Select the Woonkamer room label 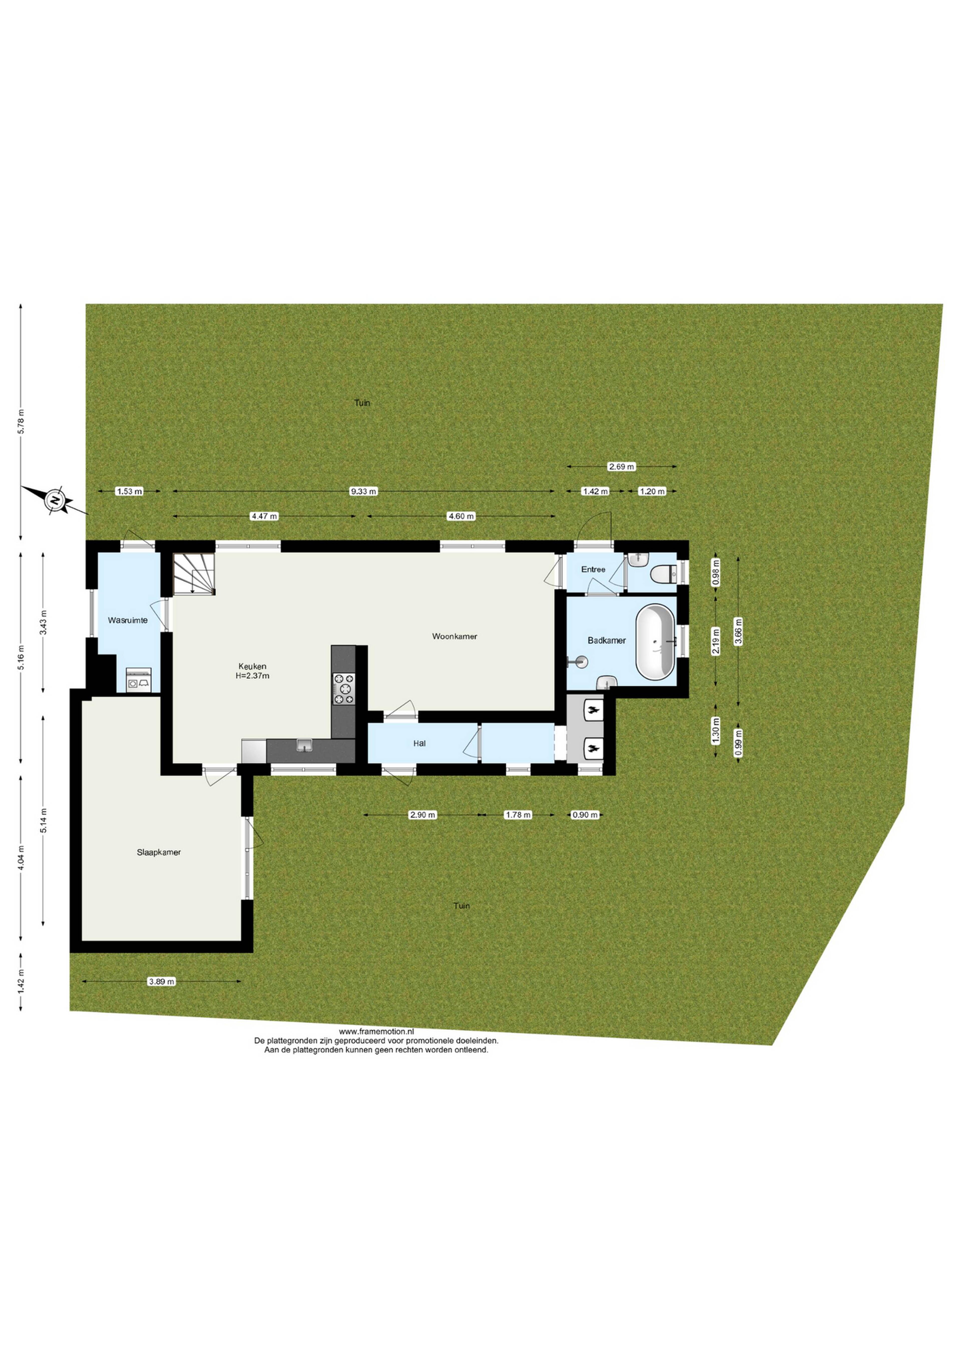click(x=454, y=636)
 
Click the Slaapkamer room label click(x=159, y=852)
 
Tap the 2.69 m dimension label click(x=621, y=467)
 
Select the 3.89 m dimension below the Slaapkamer click(x=162, y=982)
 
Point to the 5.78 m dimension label click(x=21, y=422)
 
